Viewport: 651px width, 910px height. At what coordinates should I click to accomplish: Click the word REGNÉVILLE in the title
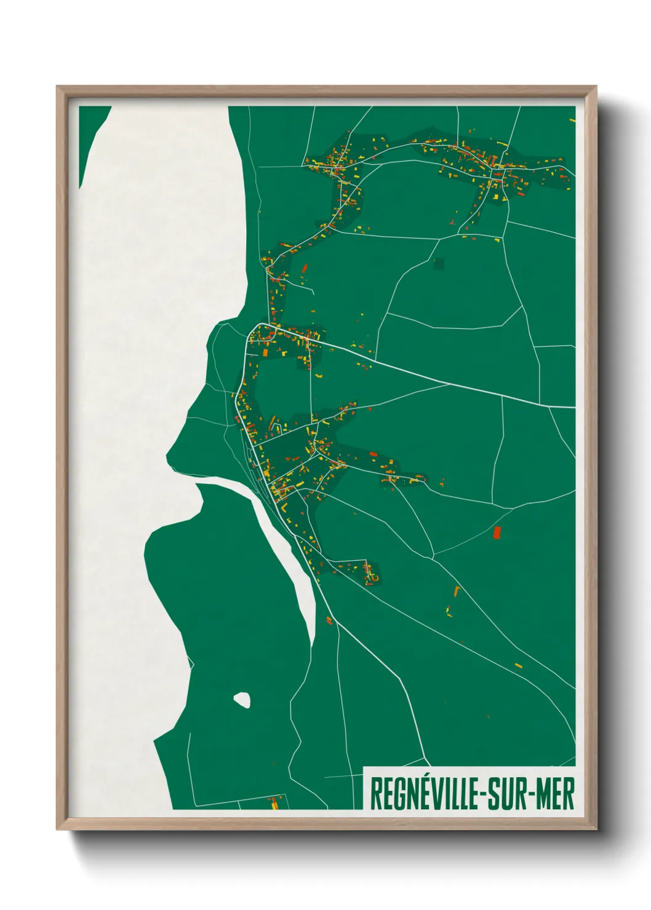pyautogui.click(x=425, y=794)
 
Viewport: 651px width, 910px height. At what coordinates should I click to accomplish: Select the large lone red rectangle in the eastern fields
pyautogui.click(x=497, y=532)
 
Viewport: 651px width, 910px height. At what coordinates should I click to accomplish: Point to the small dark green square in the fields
pyautogui.click(x=438, y=264)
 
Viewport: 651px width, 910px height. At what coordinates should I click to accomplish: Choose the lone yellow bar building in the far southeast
pyautogui.click(x=518, y=665)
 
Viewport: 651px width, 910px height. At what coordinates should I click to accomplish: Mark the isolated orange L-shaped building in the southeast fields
pyautogui.click(x=457, y=591)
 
